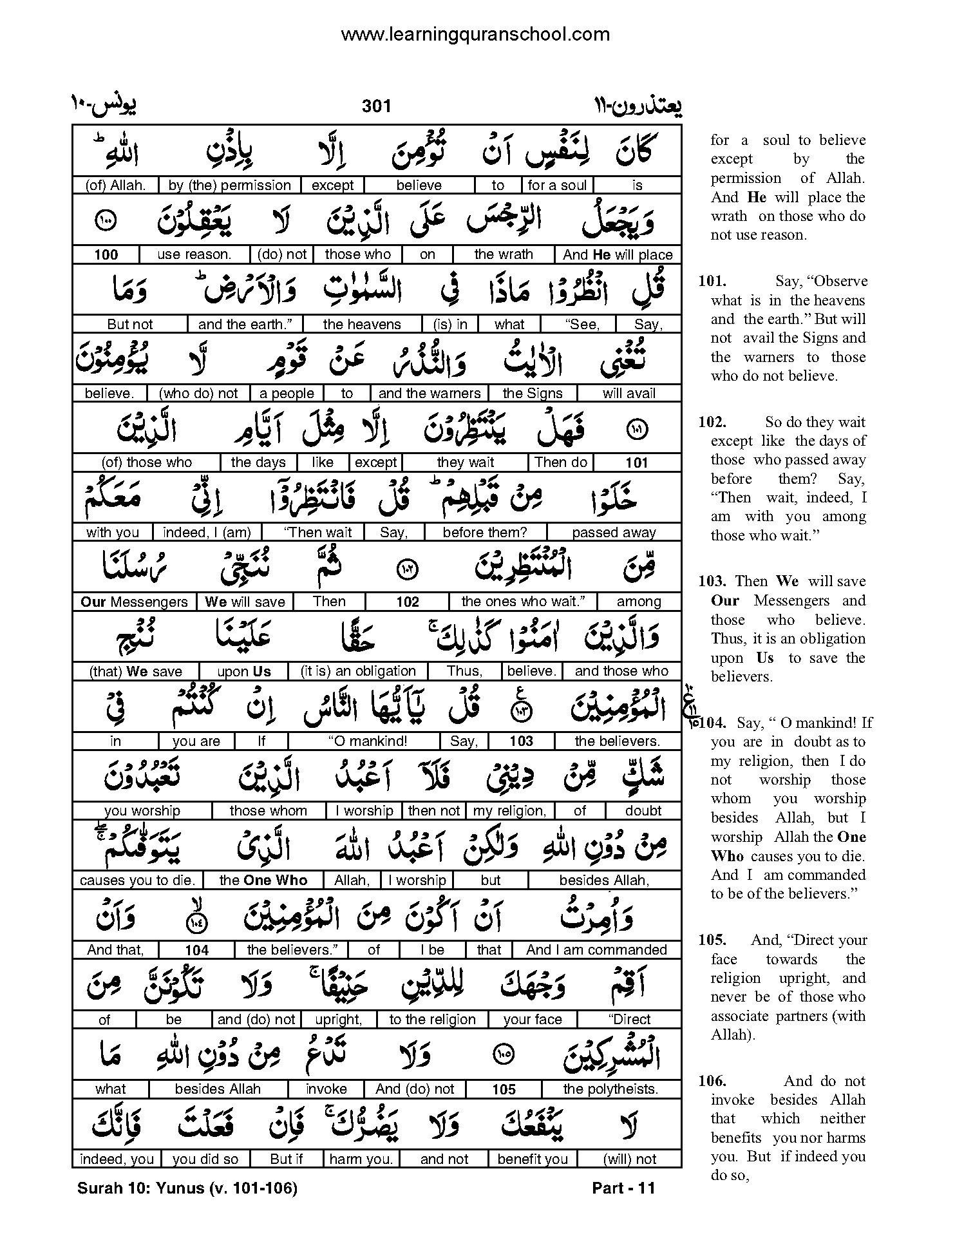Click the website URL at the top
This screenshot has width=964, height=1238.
click(x=475, y=34)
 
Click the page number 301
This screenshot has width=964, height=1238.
click(x=376, y=106)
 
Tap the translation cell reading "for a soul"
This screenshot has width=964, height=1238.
click(x=557, y=186)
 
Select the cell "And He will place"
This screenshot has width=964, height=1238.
click(x=617, y=254)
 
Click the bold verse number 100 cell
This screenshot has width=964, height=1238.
click(x=106, y=254)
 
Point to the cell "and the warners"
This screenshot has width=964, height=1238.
click(x=430, y=394)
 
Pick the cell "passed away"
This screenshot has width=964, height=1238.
click(x=614, y=533)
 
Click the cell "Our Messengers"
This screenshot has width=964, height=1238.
click(x=134, y=602)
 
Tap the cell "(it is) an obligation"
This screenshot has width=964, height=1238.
click(x=358, y=671)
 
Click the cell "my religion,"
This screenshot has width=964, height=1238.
click(x=509, y=811)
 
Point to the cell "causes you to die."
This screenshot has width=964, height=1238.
click(x=137, y=881)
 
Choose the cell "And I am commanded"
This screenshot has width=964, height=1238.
click(x=596, y=950)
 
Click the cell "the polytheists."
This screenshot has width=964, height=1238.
click(x=610, y=1089)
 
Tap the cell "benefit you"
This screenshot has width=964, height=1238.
click(x=533, y=1159)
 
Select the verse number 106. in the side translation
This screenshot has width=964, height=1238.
click(x=712, y=1081)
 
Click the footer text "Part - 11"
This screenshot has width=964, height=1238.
click(x=623, y=1189)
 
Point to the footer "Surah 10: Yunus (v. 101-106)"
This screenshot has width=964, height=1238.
click(x=187, y=1189)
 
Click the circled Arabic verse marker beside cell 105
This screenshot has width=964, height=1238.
click(x=503, y=1054)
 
